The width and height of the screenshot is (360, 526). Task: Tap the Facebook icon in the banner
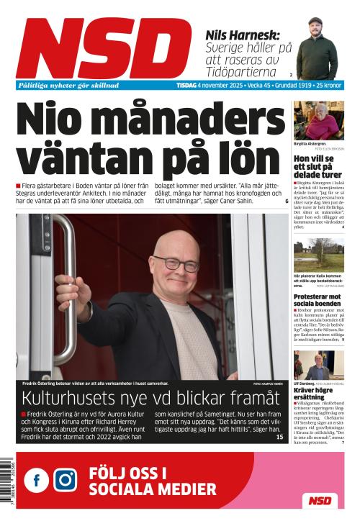[x=37, y=480]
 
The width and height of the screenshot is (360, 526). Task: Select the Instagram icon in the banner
[x=66, y=480]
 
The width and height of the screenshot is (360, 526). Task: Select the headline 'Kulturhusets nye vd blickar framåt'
[x=150, y=399]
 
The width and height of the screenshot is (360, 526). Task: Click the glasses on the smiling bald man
[x=176, y=263]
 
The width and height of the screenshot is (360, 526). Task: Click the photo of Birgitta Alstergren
[x=318, y=120]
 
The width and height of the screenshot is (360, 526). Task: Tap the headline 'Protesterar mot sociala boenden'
[x=318, y=301]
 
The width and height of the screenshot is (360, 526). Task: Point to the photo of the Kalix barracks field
[x=318, y=255]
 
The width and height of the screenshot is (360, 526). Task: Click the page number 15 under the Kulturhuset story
[x=280, y=437]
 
